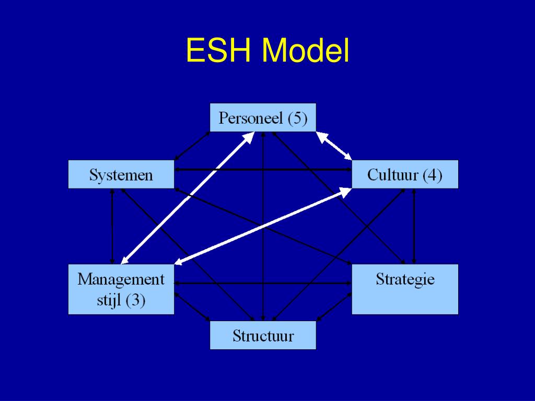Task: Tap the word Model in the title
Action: (x=306, y=51)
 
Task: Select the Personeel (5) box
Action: (x=263, y=117)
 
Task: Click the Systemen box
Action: (x=121, y=174)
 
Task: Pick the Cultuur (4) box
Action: (x=405, y=174)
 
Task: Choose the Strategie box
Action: (x=405, y=289)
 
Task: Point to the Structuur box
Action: (x=263, y=335)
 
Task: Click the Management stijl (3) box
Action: (x=121, y=289)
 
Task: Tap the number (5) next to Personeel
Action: (x=297, y=118)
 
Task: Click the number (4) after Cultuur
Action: (x=432, y=175)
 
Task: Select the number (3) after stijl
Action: (x=135, y=301)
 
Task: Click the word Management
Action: (x=121, y=279)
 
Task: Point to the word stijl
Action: (x=108, y=301)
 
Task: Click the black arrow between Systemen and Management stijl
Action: (x=112, y=226)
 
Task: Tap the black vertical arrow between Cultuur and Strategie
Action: (x=414, y=226)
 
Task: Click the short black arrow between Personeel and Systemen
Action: (x=192, y=146)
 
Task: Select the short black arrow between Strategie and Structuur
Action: (x=334, y=305)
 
